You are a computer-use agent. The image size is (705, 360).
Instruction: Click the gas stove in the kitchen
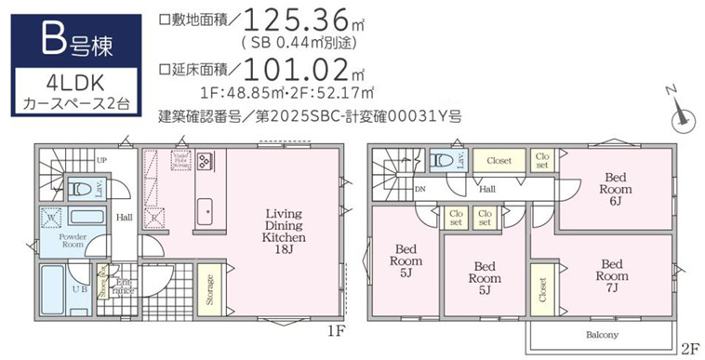(206, 161)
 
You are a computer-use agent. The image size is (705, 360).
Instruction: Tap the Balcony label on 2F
(601, 334)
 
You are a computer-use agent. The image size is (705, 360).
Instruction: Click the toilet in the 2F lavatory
(440, 161)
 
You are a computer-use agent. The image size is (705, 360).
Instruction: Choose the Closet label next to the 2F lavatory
(499, 160)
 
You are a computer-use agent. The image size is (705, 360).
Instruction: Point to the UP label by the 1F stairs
(100, 160)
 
